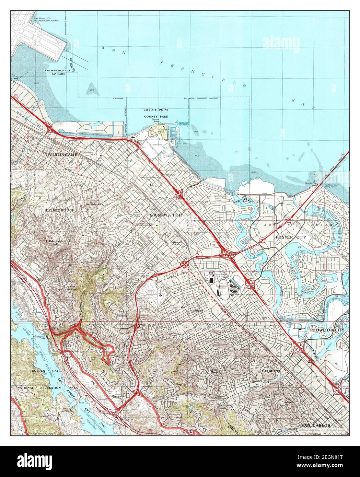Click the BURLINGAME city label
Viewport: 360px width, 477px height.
click(63, 155)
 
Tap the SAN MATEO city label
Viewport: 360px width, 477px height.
click(166, 215)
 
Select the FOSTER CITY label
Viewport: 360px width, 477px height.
click(291, 237)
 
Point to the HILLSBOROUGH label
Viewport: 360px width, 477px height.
click(59, 210)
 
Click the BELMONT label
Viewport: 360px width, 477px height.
click(271, 371)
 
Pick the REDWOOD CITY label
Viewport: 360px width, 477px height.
click(327, 330)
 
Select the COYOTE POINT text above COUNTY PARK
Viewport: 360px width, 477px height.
click(156, 110)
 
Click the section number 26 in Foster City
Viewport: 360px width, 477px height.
click(299, 247)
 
